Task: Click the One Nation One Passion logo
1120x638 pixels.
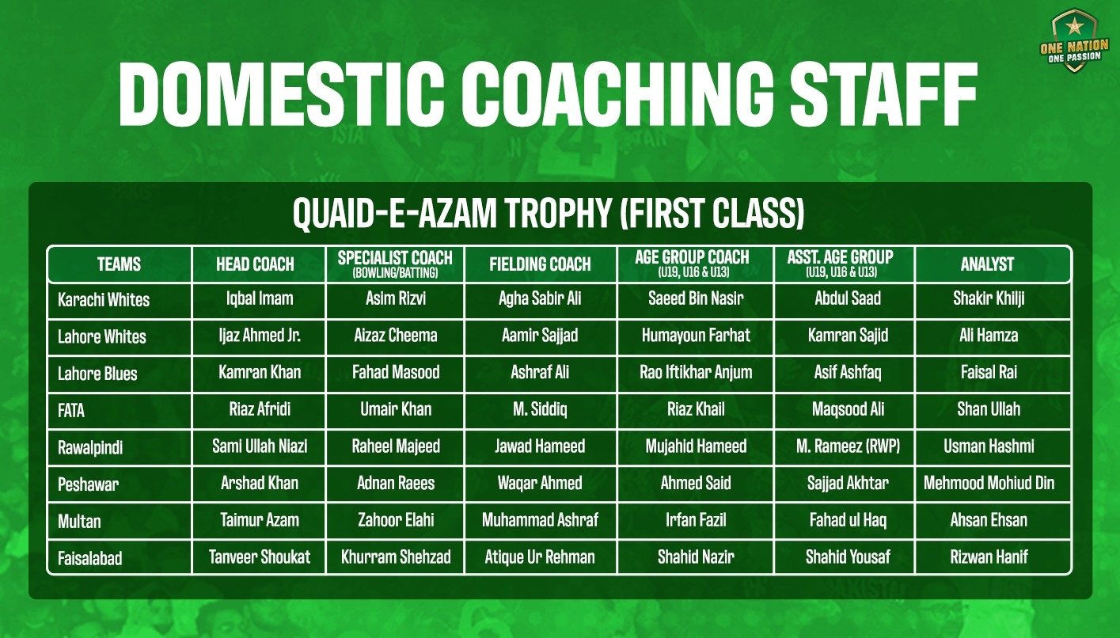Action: point(1074,41)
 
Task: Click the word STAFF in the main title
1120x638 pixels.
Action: point(883,94)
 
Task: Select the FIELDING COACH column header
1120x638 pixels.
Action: point(540,264)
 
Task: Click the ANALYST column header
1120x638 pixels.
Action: point(987,264)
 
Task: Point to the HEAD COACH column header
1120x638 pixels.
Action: point(255,264)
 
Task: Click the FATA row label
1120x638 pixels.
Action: point(71,411)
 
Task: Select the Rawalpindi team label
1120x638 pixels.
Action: point(90,447)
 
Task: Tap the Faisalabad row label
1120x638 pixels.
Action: point(90,558)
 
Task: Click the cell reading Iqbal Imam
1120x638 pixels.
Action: point(260,298)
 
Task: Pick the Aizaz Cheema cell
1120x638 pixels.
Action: point(396,335)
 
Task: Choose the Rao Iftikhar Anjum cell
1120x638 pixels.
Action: point(696,373)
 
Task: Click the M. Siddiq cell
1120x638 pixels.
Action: point(540,409)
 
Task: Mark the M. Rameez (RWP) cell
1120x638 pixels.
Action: point(848,446)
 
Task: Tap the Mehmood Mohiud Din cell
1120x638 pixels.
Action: point(989,483)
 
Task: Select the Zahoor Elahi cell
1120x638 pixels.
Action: point(396,520)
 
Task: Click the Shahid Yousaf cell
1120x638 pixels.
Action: point(848,557)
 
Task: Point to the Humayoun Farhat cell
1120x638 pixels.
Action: point(696,335)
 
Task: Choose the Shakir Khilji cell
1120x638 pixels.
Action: point(989,298)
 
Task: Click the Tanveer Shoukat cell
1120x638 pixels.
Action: point(260,557)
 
